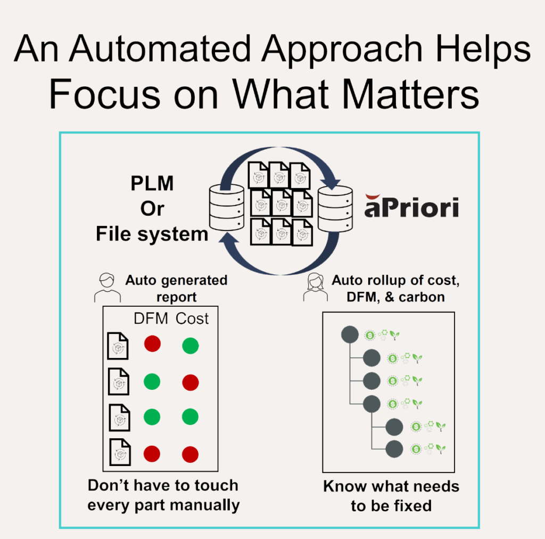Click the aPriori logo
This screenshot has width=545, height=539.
[x=411, y=207]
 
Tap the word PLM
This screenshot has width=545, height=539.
[x=152, y=184]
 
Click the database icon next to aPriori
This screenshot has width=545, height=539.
[x=335, y=209]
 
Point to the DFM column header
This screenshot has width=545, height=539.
[x=151, y=318]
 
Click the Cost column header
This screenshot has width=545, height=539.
[x=192, y=318]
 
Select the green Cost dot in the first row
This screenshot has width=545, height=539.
[x=190, y=346]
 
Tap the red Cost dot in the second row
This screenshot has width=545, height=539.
[x=190, y=382]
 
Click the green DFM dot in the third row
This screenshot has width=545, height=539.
[x=152, y=417]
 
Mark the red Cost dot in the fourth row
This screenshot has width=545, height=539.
[x=190, y=454]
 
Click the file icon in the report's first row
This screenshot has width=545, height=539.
[x=118, y=345]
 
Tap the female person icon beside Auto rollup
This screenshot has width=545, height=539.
[x=316, y=288]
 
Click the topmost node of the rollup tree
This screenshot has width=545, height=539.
[x=349, y=335]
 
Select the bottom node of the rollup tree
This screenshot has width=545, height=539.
[x=394, y=448]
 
